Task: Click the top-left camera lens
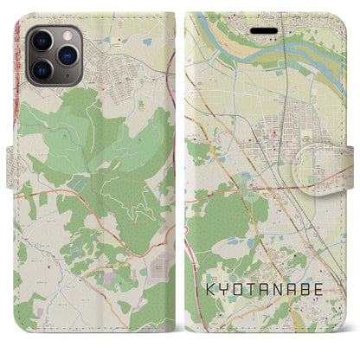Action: click(x=42, y=40)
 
